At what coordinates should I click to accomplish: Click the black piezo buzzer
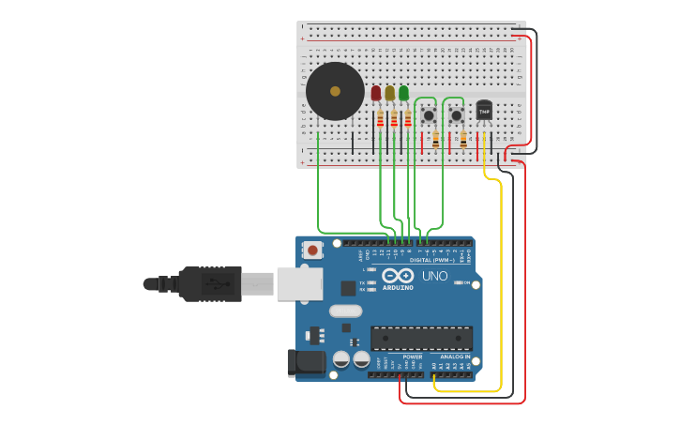coord(335,91)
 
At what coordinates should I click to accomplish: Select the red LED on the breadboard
coord(376,94)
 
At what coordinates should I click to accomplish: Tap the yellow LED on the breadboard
coord(389,94)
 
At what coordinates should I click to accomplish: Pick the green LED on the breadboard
coord(403,94)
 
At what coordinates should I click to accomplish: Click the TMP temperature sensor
coord(484,111)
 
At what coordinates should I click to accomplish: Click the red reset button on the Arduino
coord(312,250)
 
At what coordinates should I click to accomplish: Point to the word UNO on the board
coord(434,276)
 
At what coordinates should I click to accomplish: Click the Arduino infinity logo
coord(398,276)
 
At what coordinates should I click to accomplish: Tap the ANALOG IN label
coord(455,357)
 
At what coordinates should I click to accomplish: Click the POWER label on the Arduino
coord(413,357)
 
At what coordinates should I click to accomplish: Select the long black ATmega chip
coord(421,338)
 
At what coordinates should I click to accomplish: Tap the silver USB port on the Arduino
coord(300,283)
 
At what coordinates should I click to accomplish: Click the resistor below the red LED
coord(380,119)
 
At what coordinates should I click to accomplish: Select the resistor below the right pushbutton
coord(463,140)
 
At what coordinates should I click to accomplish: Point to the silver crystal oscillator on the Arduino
coord(345,311)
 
